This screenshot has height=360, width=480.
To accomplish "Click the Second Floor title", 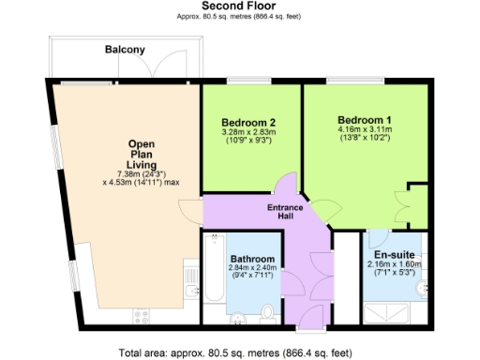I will coord(239,6).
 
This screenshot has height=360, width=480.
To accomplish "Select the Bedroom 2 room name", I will coord(248,123).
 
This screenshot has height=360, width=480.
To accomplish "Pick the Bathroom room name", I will coord(252,258).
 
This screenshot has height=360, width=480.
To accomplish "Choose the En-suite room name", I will coord(393,254).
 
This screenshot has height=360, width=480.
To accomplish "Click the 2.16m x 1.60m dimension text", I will coord(393,265).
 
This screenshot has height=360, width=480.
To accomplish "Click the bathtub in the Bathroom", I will coord(211,272).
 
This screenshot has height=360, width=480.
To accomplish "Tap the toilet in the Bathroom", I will coord(268,312).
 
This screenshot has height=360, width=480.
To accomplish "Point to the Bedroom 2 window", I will coord(247,81).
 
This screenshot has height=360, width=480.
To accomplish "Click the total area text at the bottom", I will coord(235,353).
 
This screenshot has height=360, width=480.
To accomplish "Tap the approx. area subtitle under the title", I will coord(239,17).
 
